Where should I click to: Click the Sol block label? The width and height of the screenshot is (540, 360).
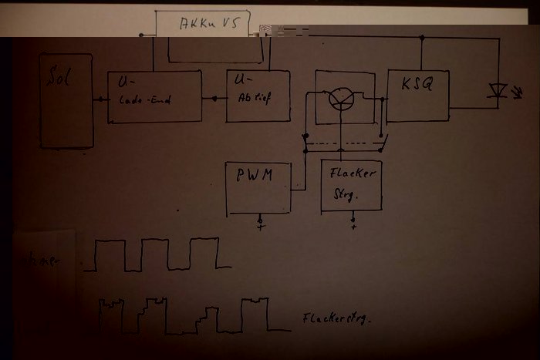(59, 78)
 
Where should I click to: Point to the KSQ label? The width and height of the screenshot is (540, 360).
(417, 84)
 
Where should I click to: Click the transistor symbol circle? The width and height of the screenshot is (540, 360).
(340, 98)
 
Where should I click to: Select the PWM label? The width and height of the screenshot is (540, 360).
(254, 175)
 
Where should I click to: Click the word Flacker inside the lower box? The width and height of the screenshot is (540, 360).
(352, 173)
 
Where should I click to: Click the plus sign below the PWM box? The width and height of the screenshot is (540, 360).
(260, 226)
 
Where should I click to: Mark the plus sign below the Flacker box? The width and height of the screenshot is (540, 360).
(353, 226)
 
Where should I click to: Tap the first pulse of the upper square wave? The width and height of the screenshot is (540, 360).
(110, 254)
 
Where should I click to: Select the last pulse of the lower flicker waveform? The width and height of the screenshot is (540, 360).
(255, 314)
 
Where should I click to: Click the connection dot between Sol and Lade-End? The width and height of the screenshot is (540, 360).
(100, 99)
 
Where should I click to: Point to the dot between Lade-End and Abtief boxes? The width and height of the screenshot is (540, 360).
(214, 99)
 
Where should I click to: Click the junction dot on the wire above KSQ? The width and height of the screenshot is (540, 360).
(421, 37)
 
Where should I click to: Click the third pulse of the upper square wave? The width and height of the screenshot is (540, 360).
(204, 253)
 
